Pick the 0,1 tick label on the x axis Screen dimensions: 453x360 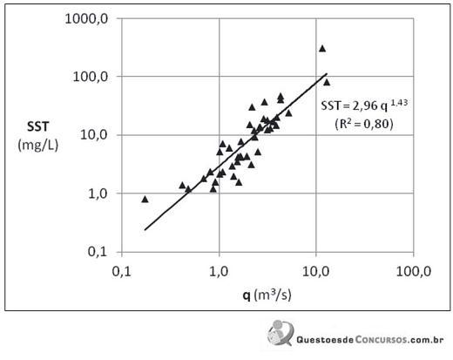(x=121, y=271)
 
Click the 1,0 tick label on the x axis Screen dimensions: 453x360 (x=219, y=271)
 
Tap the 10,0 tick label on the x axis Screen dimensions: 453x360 (x=316, y=271)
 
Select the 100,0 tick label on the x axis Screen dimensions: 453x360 (x=414, y=271)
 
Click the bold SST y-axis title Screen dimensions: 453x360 (x=38, y=126)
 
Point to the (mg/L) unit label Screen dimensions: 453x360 (x=38, y=145)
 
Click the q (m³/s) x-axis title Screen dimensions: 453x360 (x=267, y=295)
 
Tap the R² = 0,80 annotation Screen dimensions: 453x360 (x=364, y=124)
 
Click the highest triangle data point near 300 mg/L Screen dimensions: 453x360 (x=322, y=49)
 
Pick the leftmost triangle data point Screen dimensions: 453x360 (x=145, y=200)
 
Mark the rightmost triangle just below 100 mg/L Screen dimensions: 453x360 (x=327, y=83)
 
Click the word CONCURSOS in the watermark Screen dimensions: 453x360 (x=381, y=339)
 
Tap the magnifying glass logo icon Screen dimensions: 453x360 (x=281, y=333)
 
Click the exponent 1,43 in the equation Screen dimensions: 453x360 (x=399, y=102)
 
